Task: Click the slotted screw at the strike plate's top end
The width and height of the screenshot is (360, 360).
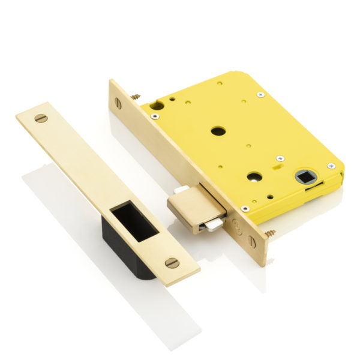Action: tap(41, 118)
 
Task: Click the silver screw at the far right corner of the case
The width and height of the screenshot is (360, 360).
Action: tap(331, 166)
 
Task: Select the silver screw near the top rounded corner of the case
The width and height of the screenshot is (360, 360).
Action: tap(260, 94)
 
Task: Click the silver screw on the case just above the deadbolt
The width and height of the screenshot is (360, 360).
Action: tap(245, 208)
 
